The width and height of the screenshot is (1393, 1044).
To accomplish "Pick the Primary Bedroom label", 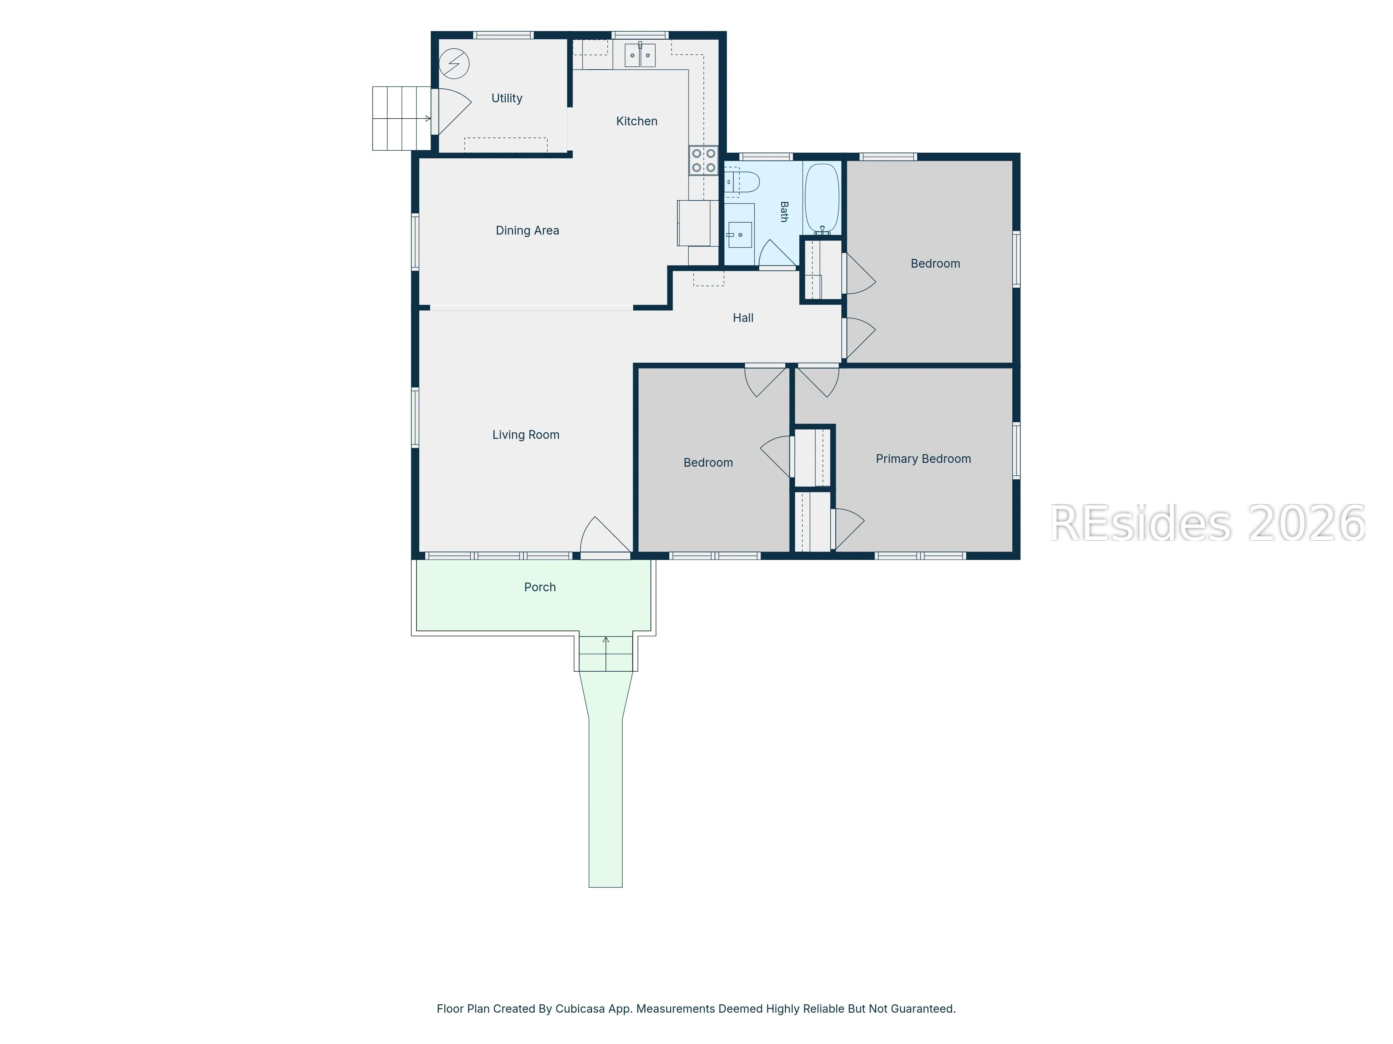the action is [x=923, y=459].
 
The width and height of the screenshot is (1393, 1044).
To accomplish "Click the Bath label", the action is [x=784, y=212].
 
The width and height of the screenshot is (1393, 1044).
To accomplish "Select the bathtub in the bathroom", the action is [x=822, y=198].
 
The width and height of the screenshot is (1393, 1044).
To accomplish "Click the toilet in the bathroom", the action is [x=741, y=182].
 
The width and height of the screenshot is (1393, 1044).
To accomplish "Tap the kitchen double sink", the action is [x=640, y=55].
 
